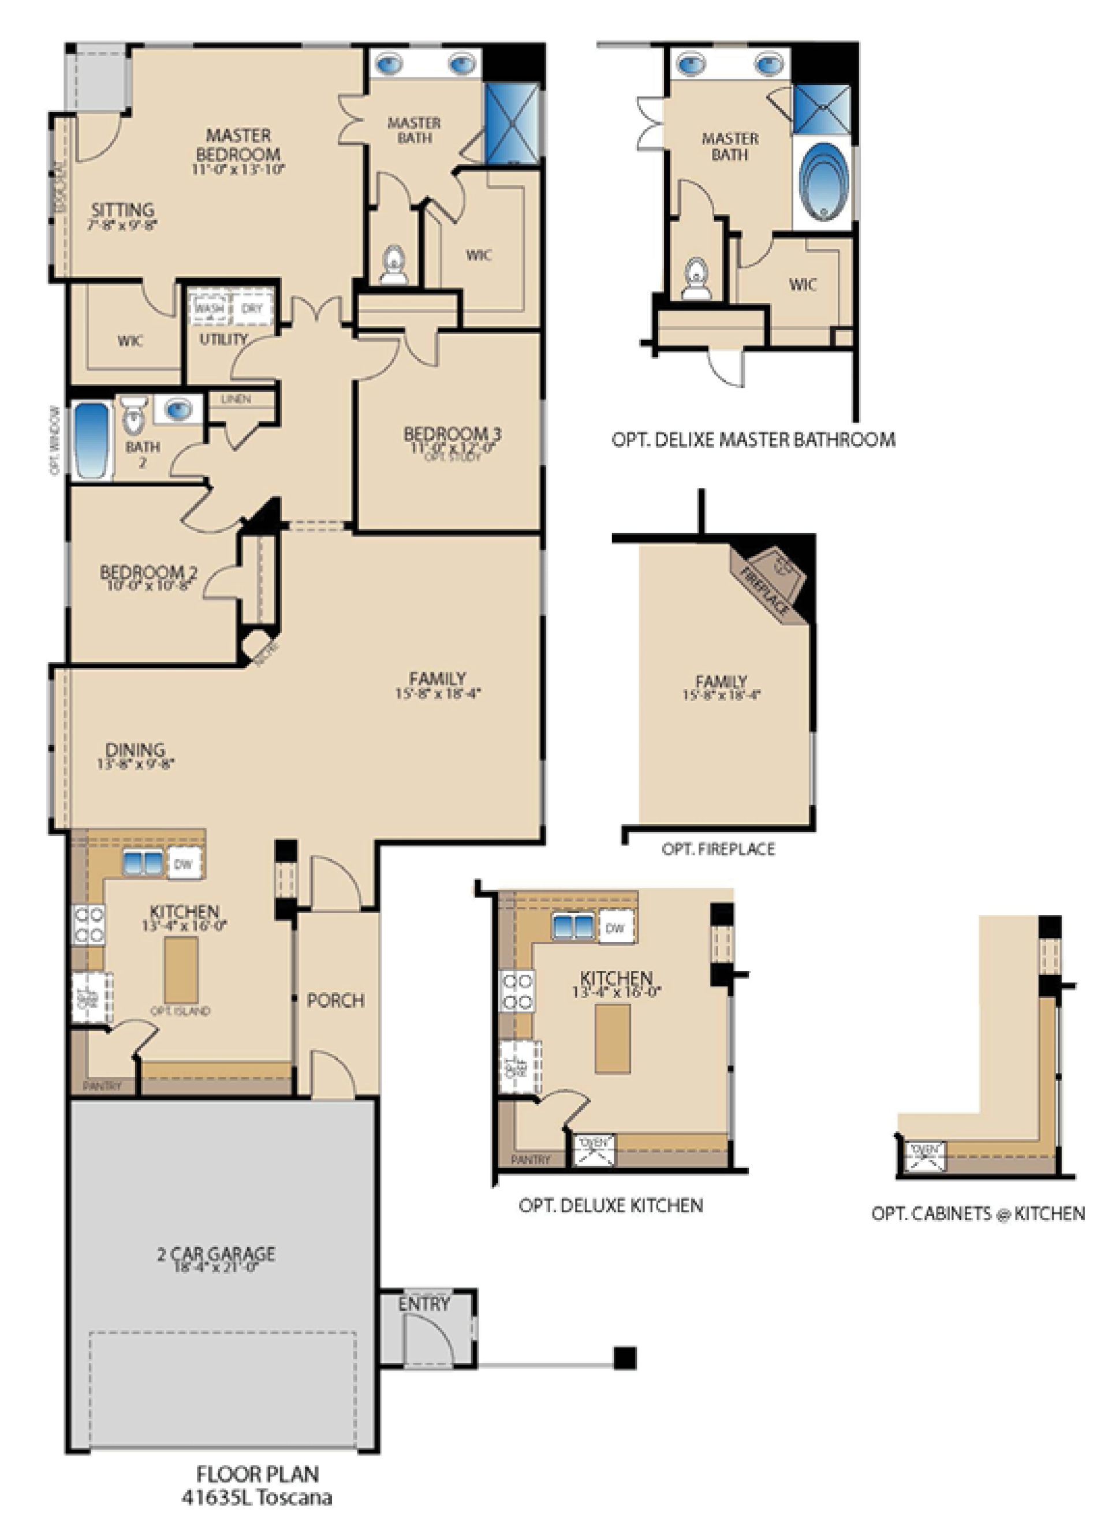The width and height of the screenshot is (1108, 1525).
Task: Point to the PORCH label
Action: tap(335, 1000)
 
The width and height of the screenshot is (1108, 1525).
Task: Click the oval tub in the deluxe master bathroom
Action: tap(823, 182)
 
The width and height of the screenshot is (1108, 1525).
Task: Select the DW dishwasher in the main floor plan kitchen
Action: tap(184, 865)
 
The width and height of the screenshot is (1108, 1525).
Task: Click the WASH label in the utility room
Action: tap(209, 309)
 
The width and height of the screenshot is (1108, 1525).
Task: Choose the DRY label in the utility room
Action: tap(252, 309)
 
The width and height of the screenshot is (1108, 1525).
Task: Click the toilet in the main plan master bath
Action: tap(394, 266)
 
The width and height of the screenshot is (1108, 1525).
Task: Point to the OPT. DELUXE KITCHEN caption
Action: tap(611, 1206)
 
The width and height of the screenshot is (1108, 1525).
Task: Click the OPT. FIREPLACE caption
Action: tap(718, 849)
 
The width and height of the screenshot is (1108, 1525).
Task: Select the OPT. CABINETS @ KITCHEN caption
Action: tap(978, 1214)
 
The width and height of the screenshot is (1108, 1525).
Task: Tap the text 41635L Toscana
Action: tap(257, 1497)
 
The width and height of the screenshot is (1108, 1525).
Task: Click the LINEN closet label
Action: tap(236, 399)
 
